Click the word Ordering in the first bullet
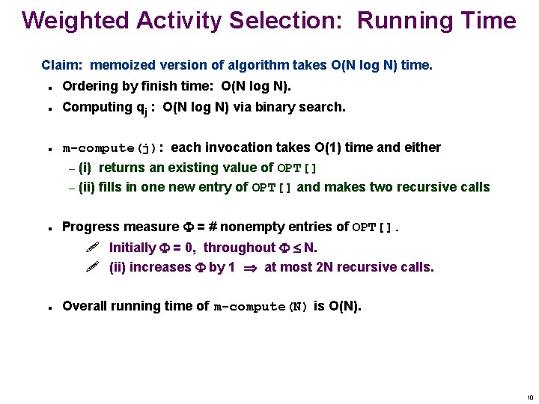pos(89,87)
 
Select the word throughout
pos(240,248)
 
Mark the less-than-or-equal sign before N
pos(298,248)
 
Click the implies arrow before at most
pos(250,268)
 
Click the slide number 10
pos(530,397)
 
